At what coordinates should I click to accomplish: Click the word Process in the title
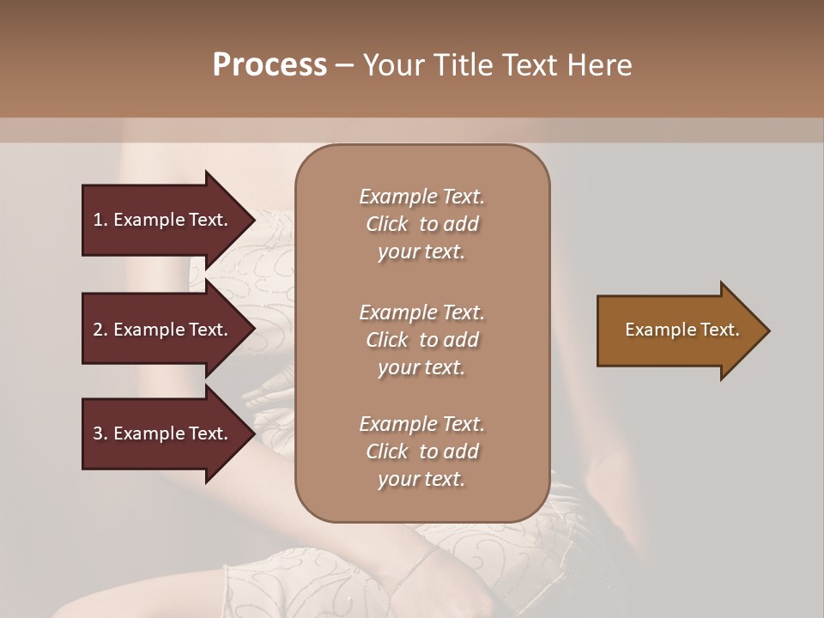tap(270, 65)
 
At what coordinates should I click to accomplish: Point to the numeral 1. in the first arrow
tap(100, 220)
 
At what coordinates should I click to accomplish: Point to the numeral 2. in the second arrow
tap(100, 330)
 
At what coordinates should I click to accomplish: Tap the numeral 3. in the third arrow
tap(100, 433)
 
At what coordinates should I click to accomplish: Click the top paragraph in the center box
tap(421, 224)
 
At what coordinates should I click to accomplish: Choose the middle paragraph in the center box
tap(421, 340)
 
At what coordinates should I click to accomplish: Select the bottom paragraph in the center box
tap(421, 451)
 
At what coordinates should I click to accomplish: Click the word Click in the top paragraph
tap(386, 224)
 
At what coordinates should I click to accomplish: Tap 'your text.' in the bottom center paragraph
tap(421, 479)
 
